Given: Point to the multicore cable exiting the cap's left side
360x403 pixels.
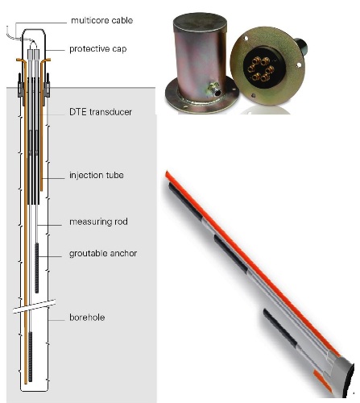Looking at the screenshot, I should point(10,33).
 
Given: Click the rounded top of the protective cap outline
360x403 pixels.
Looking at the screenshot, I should point(31,31).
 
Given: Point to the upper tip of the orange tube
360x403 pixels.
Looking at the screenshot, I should point(167,173).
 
